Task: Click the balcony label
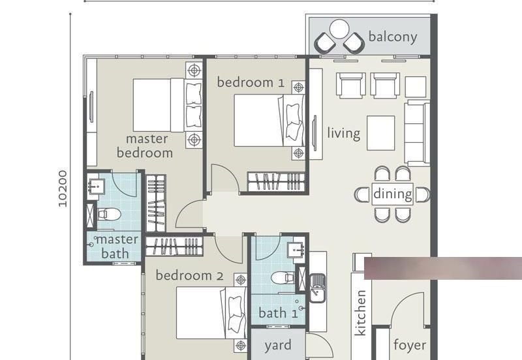(392, 37)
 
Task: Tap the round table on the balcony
(339, 29)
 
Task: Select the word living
(343, 134)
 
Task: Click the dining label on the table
(392, 194)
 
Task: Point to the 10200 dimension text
(63, 188)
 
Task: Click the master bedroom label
(145, 146)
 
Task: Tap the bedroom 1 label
(251, 82)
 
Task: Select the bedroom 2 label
(189, 276)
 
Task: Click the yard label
(277, 346)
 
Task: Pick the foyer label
(410, 345)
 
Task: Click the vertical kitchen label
(361, 313)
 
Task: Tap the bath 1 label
(278, 313)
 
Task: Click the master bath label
(115, 247)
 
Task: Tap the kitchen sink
(318, 288)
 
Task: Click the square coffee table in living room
(380, 133)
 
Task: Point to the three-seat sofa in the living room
(417, 133)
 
